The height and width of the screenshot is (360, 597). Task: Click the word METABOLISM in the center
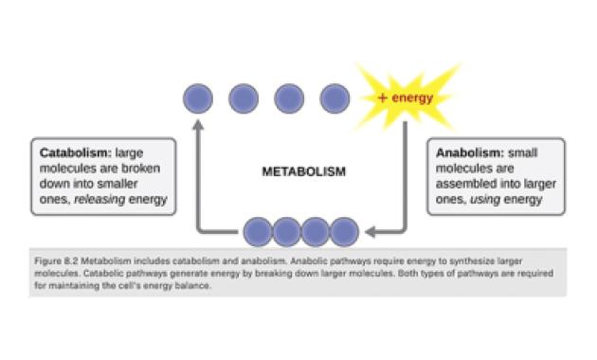304,171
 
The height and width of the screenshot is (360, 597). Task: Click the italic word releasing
99,199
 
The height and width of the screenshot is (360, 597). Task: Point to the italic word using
485,200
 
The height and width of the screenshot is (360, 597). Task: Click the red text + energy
406,99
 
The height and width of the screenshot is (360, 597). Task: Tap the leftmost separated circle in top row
198,99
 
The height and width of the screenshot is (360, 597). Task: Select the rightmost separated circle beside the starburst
335,99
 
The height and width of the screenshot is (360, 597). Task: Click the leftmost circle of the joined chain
258,232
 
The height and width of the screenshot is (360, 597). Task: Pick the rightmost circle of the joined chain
344,232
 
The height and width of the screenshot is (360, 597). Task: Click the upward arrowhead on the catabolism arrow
198,125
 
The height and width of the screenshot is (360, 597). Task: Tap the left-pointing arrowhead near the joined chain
371,231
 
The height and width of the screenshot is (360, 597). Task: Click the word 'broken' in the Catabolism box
141,169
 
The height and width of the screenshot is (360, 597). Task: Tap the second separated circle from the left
244,99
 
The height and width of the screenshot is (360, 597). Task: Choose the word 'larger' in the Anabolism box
540,184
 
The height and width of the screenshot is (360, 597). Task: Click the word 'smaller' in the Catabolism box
118,184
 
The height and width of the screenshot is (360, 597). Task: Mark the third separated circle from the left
289,99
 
